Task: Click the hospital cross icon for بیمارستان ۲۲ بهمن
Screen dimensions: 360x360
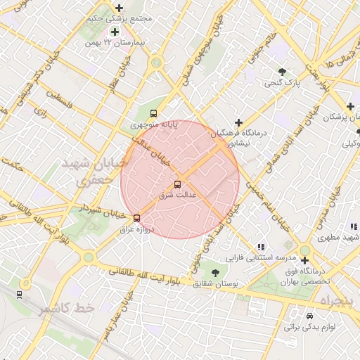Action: tap(114, 32)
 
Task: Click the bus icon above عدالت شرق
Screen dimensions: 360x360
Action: tap(176, 184)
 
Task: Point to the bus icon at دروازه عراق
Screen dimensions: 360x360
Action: tap(136, 218)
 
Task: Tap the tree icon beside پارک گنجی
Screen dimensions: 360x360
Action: tap(283, 72)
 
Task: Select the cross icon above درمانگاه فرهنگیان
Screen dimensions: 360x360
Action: tap(239, 122)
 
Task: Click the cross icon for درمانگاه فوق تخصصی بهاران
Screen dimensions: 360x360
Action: tap(304, 260)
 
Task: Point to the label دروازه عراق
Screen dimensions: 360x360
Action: tap(136, 229)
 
